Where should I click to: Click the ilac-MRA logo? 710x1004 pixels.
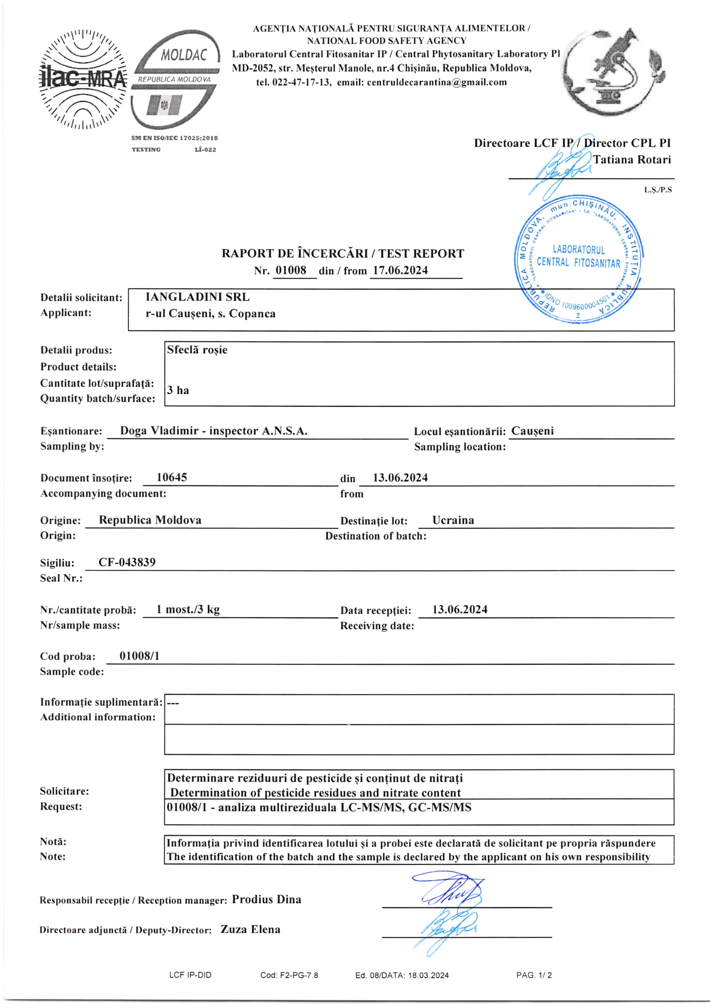tap(83, 79)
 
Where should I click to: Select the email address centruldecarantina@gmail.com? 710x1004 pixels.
tap(437, 82)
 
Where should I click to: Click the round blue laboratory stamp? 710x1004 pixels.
tap(579, 260)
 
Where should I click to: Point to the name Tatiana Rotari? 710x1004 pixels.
tap(632, 160)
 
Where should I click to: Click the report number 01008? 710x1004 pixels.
tap(291, 270)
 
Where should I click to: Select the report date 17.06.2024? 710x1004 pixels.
tap(400, 270)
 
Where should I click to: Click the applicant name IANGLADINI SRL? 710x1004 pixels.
tap(198, 297)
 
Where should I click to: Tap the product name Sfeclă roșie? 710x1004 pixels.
tap(197, 350)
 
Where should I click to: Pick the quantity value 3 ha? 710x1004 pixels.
tap(178, 390)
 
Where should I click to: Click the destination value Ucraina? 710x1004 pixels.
tap(453, 520)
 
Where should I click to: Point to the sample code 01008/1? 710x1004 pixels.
tap(140, 656)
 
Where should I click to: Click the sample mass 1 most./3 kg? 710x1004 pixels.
tap(188, 609)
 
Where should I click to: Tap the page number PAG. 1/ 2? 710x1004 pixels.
tap(534, 975)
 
